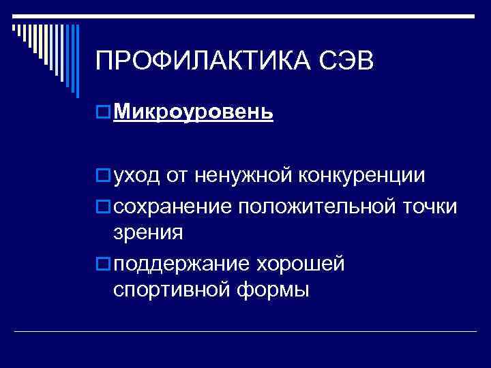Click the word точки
pos(430,205)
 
